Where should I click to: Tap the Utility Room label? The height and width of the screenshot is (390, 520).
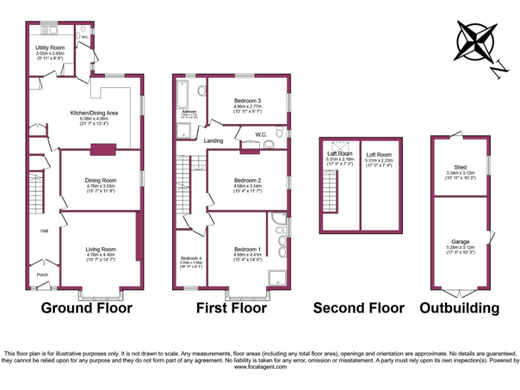coord(50,47)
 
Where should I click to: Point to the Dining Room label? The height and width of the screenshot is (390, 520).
coord(100,180)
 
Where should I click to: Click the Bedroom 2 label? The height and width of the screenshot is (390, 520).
coord(247,180)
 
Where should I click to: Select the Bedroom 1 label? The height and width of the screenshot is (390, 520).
coord(247,249)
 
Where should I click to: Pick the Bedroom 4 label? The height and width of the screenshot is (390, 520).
coord(191,258)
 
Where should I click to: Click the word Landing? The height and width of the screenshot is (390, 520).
coord(214,141)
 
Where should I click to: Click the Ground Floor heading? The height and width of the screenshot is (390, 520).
coord(87,309)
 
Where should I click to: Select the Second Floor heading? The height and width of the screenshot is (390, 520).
coord(358,309)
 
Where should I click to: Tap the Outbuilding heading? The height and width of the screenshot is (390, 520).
coord(460,309)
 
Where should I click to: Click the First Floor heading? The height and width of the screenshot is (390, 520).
coord(232,309)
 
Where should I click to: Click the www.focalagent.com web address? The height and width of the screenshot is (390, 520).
coord(260,366)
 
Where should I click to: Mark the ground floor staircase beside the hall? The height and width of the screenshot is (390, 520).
coord(35,189)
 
